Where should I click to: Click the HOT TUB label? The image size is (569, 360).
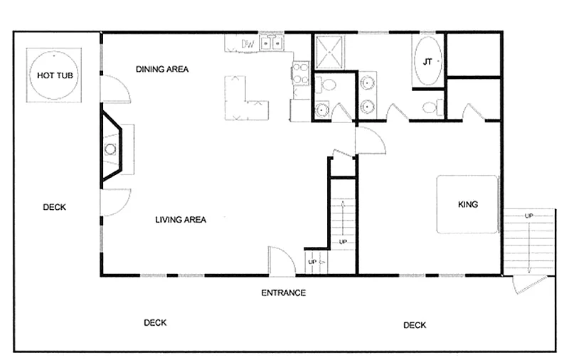click(55, 75)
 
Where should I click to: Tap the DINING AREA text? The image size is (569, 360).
click(162, 69)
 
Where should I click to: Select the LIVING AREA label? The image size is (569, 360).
click(181, 220)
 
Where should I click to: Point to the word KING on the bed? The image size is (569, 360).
click(468, 204)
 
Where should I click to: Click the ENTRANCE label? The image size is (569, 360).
click(283, 292)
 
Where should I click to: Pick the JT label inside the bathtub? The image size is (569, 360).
click(427, 62)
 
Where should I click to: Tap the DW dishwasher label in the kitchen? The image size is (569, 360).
click(248, 44)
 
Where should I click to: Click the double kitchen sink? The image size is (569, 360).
click(272, 43)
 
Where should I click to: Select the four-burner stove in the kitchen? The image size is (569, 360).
click(301, 73)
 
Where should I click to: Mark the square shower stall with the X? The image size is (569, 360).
click(329, 52)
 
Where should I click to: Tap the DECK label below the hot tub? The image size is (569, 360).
click(55, 207)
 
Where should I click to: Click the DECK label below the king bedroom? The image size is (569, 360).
click(415, 325)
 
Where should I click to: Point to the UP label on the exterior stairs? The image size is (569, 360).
click(528, 216)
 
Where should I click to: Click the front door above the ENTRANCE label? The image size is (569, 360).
click(282, 261)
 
